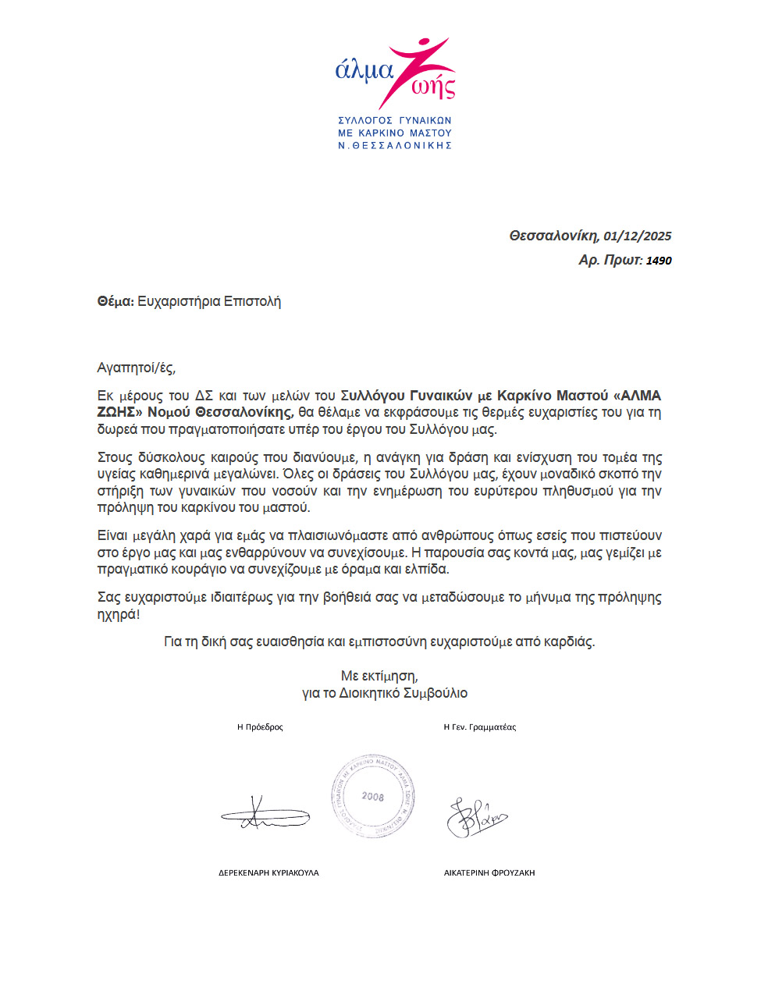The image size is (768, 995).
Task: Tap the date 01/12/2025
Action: (x=637, y=236)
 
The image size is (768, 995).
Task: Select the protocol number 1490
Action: (x=659, y=261)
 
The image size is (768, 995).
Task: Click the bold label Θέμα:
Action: (x=116, y=301)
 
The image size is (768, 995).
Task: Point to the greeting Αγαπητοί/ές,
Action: (x=137, y=368)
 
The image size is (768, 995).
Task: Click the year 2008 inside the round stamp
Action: (x=373, y=797)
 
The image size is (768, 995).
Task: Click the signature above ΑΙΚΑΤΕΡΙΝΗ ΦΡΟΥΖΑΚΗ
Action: (x=476, y=816)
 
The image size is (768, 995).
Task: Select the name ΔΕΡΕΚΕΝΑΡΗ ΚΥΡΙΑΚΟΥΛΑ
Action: (x=268, y=872)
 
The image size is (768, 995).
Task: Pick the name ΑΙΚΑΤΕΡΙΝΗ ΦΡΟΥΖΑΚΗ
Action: (x=489, y=872)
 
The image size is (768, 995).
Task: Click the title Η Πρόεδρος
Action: (x=260, y=727)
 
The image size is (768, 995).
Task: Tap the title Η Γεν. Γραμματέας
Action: (x=479, y=727)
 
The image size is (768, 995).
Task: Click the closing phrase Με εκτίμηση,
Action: (x=379, y=676)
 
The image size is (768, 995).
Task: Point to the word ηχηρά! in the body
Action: (x=119, y=614)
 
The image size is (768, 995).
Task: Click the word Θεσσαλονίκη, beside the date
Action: (x=553, y=236)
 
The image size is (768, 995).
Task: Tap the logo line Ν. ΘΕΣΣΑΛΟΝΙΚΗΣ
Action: (x=395, y=145)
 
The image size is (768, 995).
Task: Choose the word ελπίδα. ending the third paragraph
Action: (x=428, y=570)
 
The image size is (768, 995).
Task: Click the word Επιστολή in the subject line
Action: (x=252, y=301)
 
